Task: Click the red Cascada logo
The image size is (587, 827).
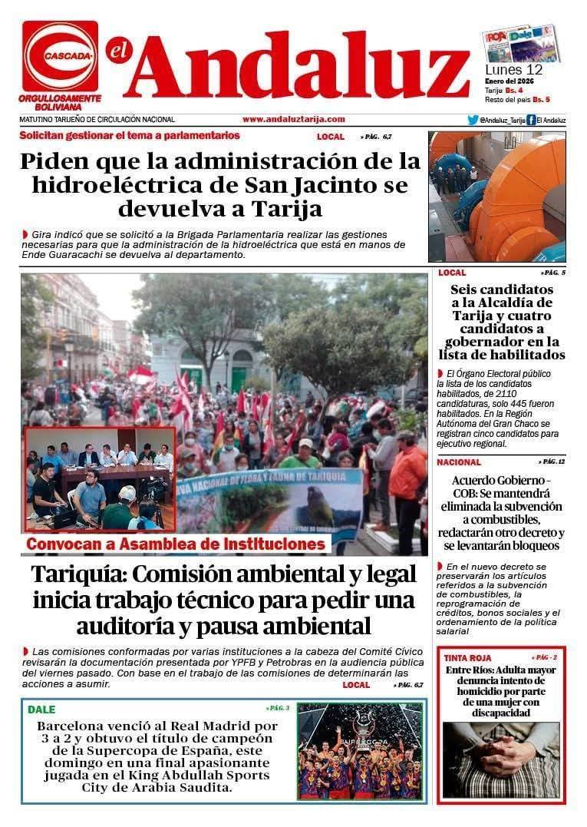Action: (x=60, y=55)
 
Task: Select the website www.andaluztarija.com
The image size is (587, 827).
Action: (x=294, y=120)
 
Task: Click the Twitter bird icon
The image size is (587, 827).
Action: (x=473, y=120)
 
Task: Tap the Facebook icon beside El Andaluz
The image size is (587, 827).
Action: (x=531, y=120)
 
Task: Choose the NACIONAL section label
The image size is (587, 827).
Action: (x=459, y=462)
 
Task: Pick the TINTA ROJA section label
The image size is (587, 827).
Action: (x=468, y=658)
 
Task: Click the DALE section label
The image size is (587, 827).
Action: (x=41, y=710)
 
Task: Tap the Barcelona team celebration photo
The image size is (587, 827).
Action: (x=359, y=751)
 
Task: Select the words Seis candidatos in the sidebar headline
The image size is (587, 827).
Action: (x=502, y=290)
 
